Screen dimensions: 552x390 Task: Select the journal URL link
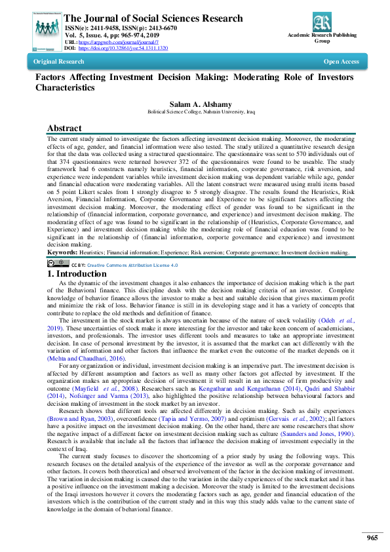[x=121, y=43]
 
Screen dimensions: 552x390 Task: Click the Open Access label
[x=341, y=62]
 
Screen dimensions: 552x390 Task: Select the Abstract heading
[x=64, y=128]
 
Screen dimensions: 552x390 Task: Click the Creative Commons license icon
[x=58, y=264]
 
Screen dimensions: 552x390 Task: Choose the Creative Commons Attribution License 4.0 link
[x=142, y=265]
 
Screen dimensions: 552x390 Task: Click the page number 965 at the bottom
[x=372, y=538]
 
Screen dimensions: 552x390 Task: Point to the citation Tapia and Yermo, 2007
[x=176, y=418]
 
